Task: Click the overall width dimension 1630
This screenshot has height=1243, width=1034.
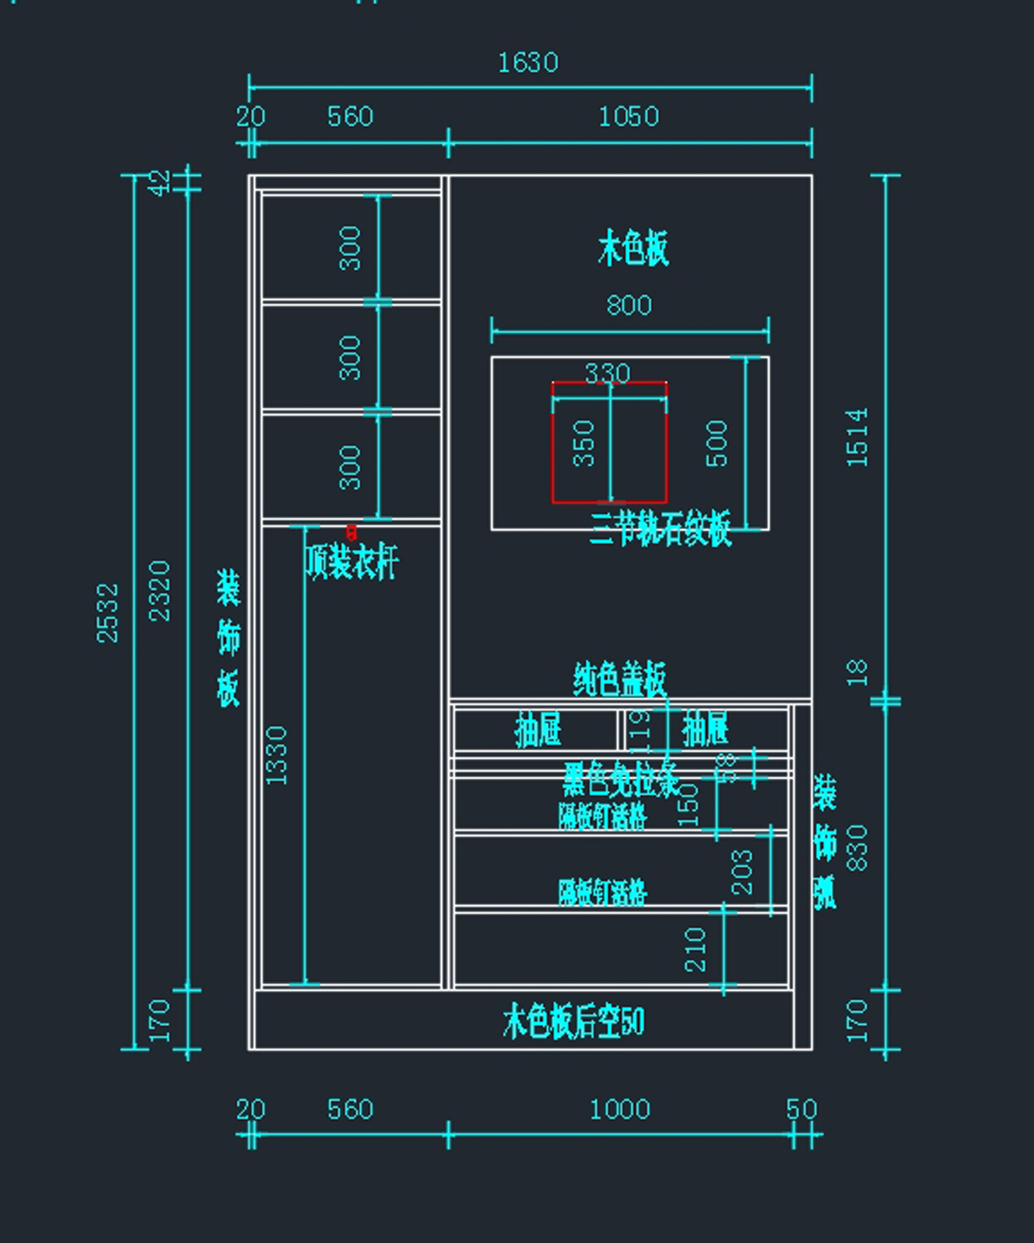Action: point(527,63)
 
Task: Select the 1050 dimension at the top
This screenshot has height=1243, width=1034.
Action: point(628,116)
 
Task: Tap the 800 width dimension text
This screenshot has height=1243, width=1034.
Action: point(628,305)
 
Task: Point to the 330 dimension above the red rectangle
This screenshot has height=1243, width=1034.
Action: point(607,373)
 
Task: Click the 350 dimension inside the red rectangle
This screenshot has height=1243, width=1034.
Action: point(584,443)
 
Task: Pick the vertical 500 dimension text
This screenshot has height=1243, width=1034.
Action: point(717,443)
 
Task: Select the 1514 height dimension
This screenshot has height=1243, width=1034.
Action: point(857,438)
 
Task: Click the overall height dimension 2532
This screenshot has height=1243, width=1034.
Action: point(108,613)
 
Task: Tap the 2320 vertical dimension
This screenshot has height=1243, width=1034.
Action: point(160,590)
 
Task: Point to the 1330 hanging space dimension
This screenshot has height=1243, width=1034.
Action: point(277,755)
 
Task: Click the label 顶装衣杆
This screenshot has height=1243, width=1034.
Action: point(352,563)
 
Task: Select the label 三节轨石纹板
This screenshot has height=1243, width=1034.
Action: point(661,528)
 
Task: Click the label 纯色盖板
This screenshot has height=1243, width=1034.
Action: point(620,679)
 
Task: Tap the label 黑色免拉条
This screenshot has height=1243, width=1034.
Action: point(620,779)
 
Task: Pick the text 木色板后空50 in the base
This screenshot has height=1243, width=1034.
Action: point(573,1022)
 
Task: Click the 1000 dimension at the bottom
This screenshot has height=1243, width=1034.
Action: point(620,1109)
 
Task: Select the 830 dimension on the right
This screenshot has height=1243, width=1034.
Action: point(857,847)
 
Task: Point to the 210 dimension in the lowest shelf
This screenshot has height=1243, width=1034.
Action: point(695,949)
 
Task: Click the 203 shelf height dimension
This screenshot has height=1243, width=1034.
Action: point(742,871)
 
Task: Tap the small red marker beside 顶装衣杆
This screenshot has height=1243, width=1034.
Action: point(351,532)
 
